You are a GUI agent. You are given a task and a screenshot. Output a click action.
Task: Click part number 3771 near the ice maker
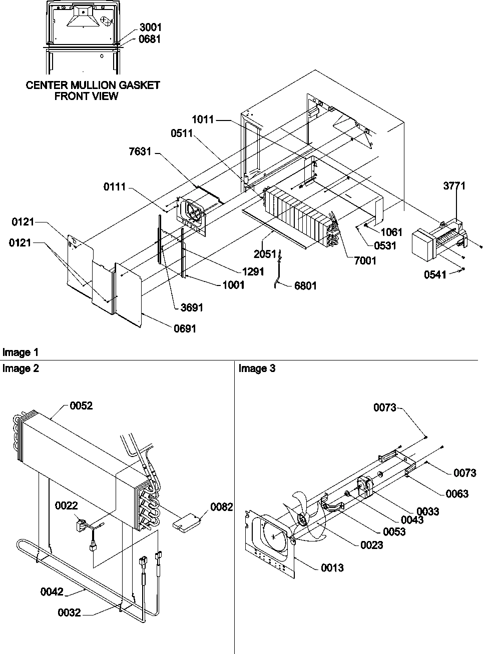coord(454,186)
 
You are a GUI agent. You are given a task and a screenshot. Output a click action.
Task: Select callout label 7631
coord(139,152)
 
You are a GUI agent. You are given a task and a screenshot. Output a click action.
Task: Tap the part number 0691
coord(185,328)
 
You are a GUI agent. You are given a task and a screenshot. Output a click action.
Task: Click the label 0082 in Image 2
coord(221,507)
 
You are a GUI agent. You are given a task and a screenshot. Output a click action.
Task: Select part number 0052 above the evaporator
coord(81,406)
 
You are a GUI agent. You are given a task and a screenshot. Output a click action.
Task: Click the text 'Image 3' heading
coord(257,368)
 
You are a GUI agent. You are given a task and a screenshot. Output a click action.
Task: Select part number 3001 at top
coord(150,27)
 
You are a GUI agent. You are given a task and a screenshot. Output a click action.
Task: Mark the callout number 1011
coord(202,119)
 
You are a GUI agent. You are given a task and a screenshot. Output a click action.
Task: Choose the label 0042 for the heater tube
coord(52,592)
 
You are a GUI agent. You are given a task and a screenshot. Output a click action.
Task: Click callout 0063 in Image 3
coord(457,493)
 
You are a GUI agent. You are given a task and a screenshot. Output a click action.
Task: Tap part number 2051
coord(265,254)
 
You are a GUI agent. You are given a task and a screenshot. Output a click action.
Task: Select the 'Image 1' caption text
coord(21,352)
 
